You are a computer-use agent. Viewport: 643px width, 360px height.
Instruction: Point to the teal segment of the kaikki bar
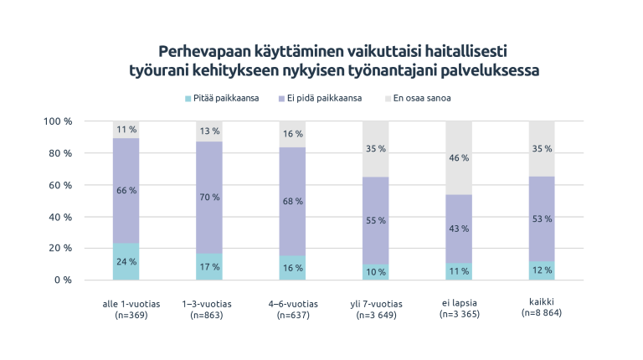[x=543, y=270]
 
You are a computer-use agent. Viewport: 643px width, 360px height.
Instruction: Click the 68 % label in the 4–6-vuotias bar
[x=293, y=201]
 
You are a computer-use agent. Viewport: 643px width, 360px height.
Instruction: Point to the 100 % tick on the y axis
[x=58, y=121]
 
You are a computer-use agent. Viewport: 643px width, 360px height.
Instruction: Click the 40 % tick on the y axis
[x=60, y=217]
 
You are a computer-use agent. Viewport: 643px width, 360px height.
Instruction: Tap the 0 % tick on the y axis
[x=64, y=280]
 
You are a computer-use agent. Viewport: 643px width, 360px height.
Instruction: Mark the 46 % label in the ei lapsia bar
[x=459, y=158]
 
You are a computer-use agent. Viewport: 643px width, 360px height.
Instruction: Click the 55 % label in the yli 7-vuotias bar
[x=376, y=220]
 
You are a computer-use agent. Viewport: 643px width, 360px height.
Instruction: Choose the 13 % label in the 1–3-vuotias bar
[x=209, y=131]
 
